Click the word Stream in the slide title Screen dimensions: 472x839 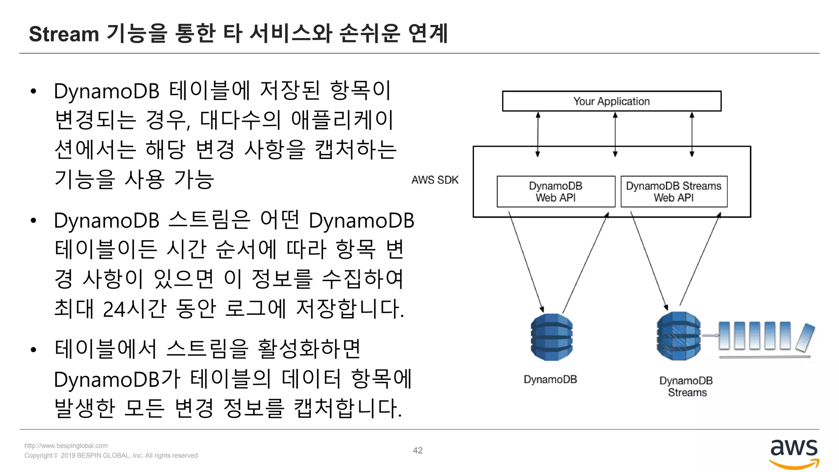[x=64, y=34]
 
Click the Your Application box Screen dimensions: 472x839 [x=611, y=101]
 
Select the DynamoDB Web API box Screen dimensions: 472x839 [x=556, y=191]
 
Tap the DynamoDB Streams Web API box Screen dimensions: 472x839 [x=673, y=191]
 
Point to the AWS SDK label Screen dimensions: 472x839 [x=435, y=180]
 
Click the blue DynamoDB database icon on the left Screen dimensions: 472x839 [x=551, y=337]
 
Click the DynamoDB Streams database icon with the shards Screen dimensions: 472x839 [x=678, y=336]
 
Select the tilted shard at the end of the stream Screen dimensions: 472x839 [x=805, y=338]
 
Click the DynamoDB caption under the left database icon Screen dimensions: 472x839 [x=550, y=379]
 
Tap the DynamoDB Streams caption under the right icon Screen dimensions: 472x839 [x=687, y=386]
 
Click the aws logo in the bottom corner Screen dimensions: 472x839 [x=794, y=453]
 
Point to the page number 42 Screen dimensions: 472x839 [x=417, y=450]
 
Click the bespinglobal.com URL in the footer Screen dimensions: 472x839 [x=66, y=446]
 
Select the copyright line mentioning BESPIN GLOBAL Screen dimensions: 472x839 [x=111, y=456]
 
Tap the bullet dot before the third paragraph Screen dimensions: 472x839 [x=34, y=350]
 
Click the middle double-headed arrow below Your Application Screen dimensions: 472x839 [x=615, y=134]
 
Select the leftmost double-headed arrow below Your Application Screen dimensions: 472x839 [x=538, y=134]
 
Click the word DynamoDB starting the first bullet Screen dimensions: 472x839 [x=106, y=91]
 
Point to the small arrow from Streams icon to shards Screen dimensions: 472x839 [x=710, y=336]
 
